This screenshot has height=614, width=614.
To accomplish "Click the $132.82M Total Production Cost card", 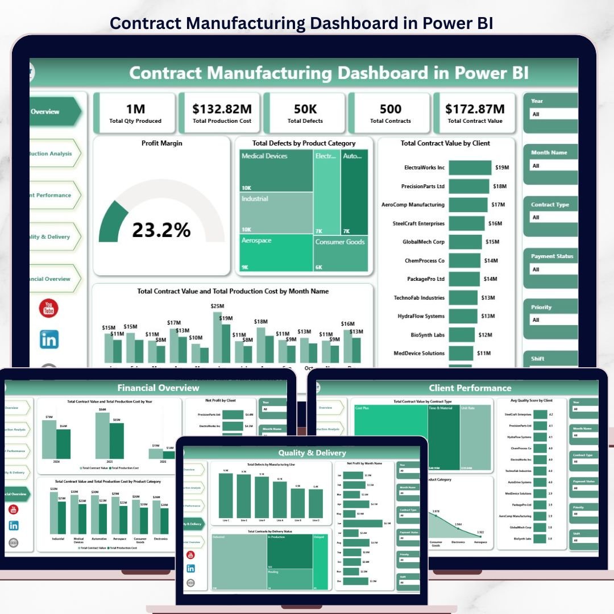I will click(x=222, y=112).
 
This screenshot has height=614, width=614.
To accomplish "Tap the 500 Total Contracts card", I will click(x=390, y=112).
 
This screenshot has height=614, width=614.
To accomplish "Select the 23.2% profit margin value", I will click(x=161, y=230).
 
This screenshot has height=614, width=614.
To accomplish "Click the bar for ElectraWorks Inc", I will click(x=470, y=168).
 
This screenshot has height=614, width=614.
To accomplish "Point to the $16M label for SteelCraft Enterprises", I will click(x=495, y=223).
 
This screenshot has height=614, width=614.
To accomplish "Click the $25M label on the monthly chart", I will click(x=217, y=306).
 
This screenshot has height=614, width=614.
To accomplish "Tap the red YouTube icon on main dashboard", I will click(x=49, y=308).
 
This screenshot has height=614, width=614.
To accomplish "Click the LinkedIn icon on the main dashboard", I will click(x=49, y=339).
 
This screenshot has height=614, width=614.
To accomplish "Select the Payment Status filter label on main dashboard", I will click(x=551, y=256).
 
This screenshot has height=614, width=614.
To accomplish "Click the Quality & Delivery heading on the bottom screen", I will click(x=312, y=453).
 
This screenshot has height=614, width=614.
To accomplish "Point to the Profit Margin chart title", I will click(x=162, y=143).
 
